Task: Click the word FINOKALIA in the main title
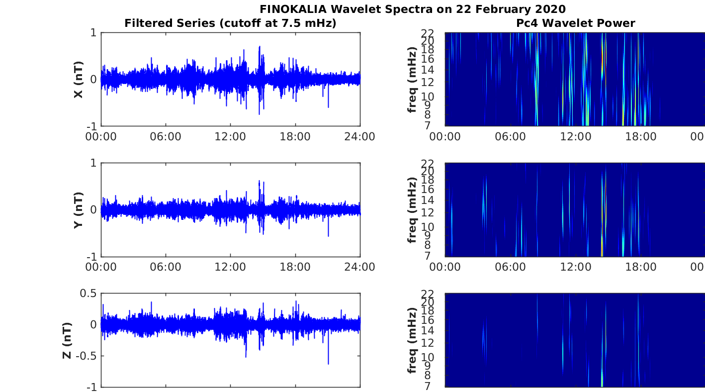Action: point(293,9)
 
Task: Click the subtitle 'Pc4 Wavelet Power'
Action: point(576,23)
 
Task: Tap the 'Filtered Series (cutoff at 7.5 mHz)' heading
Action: point(230,23)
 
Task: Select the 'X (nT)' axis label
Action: point(78,80)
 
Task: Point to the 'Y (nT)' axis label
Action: point(78,210)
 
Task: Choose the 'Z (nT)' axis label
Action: point(67,340)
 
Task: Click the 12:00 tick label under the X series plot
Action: point(230,137)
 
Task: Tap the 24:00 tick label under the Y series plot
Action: point(359,267)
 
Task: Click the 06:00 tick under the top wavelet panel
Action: point(510,137)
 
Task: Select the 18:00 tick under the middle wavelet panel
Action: point(641,267)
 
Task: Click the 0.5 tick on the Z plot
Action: point(88,294)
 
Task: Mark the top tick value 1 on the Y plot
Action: point(93,163)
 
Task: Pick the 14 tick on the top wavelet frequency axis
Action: point(428,70)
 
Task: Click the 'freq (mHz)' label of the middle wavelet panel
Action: point(412,210)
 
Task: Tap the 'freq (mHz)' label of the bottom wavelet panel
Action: point(412,340)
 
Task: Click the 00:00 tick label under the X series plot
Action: point(101,137)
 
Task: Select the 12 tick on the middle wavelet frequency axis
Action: point(428,212)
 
